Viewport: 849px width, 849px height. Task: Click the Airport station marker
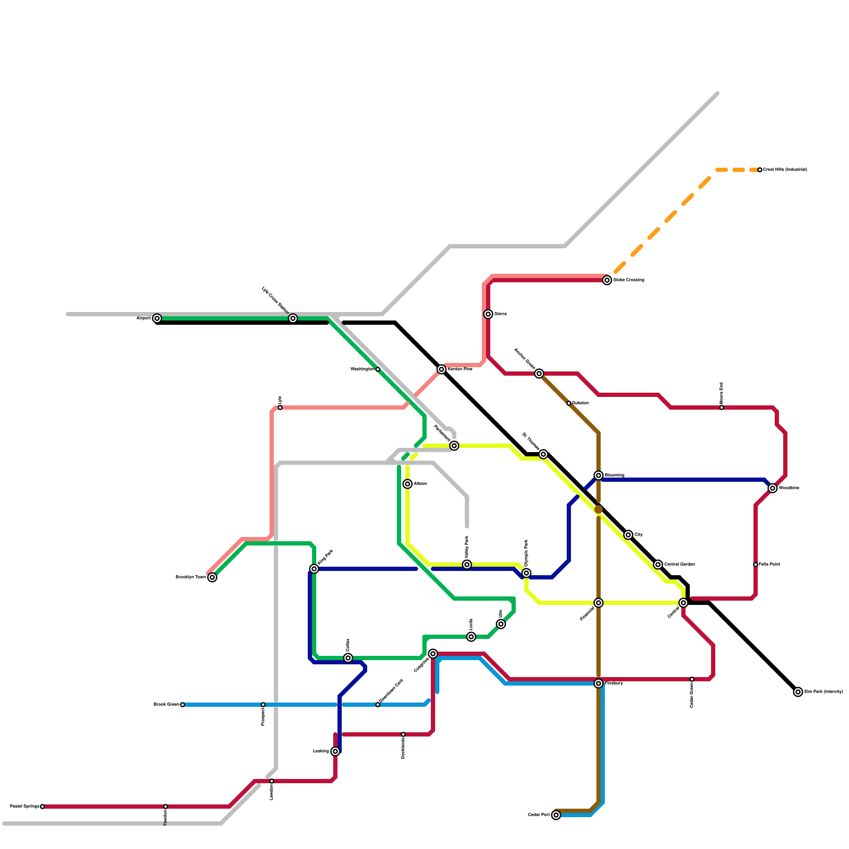(x=157, y=318)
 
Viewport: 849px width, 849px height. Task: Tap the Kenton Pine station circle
(x=441, y=369)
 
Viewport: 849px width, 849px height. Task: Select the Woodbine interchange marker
(x=773, y=488)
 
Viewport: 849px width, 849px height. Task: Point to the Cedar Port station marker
(x=556, y=815)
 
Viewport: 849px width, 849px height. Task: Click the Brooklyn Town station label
(x=190, y=577)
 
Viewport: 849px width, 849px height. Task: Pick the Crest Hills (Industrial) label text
(x=785, y=170)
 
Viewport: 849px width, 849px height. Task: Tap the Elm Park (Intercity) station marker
(x=798, y=692)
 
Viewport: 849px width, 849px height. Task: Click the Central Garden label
(x=679, y=565)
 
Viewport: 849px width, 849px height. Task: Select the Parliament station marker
(x=454, y=446)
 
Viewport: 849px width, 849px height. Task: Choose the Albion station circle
(x=408, y=484)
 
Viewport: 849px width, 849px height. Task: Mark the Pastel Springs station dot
(x=42, y=807)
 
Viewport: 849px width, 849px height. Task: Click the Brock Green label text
(x=166, y=705)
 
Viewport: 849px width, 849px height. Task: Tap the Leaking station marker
(x=335, y=751)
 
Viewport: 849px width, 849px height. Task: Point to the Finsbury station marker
(x=599, y=683)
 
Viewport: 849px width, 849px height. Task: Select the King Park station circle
(x=314, y=569)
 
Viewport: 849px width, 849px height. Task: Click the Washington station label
(x=362, y=369)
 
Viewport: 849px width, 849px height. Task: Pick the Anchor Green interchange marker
(x=539, y=374)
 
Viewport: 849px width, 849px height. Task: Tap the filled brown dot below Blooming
(x=599, y=509)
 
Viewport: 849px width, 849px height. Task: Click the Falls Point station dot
(x=756, y=565)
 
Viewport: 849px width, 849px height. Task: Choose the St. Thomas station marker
(x=543, y=454)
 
